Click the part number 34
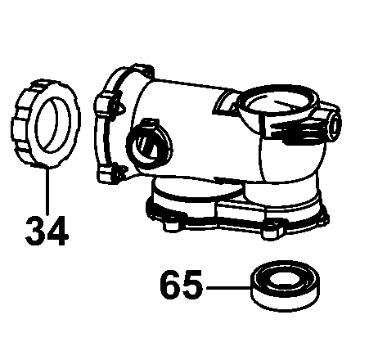pos(47,232)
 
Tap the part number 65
pos(181,285)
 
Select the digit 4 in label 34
pos(57,232)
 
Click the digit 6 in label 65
pos(170,285)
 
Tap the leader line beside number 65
pos(228,287)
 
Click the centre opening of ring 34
pos(53,124)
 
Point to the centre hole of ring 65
pos(286,280)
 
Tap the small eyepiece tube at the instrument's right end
pos(334,124)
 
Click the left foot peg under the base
pos(172,226)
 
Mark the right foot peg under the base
pos(271,232)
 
